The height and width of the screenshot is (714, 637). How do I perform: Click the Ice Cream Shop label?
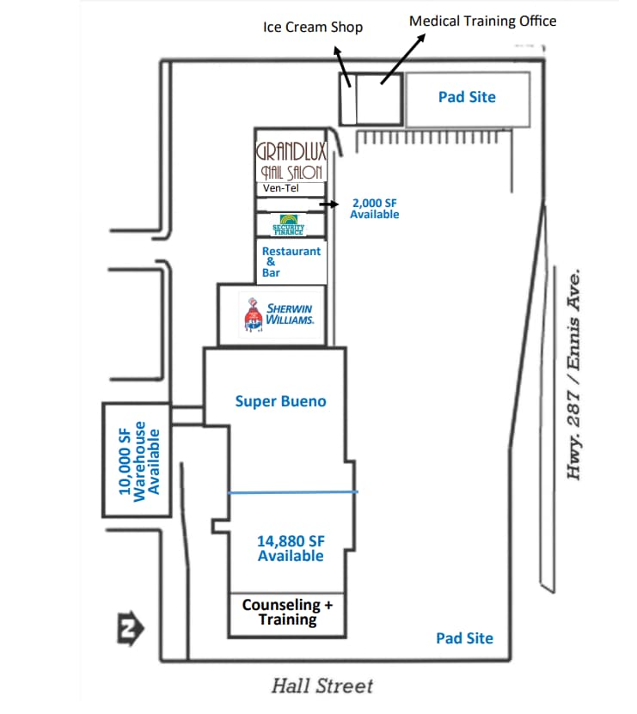pos(312,27)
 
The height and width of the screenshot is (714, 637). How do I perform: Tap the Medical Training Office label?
pos(482,21)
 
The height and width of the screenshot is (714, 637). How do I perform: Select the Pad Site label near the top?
pos(467,97)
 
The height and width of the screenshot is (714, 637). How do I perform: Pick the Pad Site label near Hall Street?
pos(464,638)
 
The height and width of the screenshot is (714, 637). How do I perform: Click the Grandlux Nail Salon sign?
pos(291,161)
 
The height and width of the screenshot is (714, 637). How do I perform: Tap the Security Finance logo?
pos(289,225)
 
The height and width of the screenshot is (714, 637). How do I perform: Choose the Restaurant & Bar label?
pos(291,261)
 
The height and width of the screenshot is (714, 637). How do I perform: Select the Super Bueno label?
pos(281,400)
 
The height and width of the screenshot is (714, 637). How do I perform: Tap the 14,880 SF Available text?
pos(291,548)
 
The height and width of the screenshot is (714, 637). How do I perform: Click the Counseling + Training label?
pos(287,612)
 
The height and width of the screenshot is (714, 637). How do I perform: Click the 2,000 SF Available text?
pos(374,208)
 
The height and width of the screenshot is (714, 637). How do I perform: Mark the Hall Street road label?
pos(322,686)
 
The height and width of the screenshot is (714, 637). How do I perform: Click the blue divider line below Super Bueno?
pos(292,491)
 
